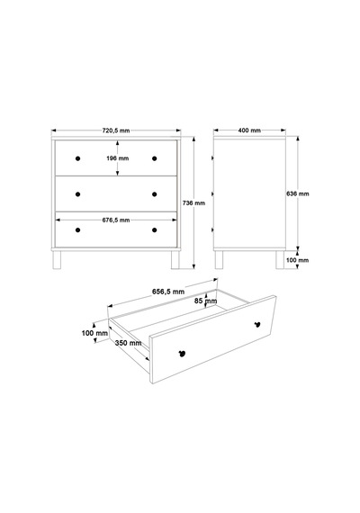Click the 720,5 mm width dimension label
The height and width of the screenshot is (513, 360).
pyautogui.click(x=116, y=130)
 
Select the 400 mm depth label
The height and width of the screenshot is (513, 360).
pyautogui.click(x=249, y=130)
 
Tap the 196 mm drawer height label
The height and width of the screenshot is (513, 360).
pyautogui.click(x=118, y=158)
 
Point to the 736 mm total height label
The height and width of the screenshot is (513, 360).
pyautogui.click(x=193, y=203)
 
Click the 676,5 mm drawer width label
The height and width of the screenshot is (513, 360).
pyautogui.click(x=116, y=220)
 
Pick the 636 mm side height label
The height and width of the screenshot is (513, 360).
pyautogui.click(x=298, y=193)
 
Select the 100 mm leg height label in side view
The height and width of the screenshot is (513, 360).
pyautogui.click(x=298, y=260)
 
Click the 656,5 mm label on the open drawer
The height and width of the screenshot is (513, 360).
pyautogui.click(x=168, y=292)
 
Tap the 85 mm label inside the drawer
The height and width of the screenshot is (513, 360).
pyautogui.click(x=205, y=301)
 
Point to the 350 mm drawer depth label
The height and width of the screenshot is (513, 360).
pyautogui.click(x=129, y=343)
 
